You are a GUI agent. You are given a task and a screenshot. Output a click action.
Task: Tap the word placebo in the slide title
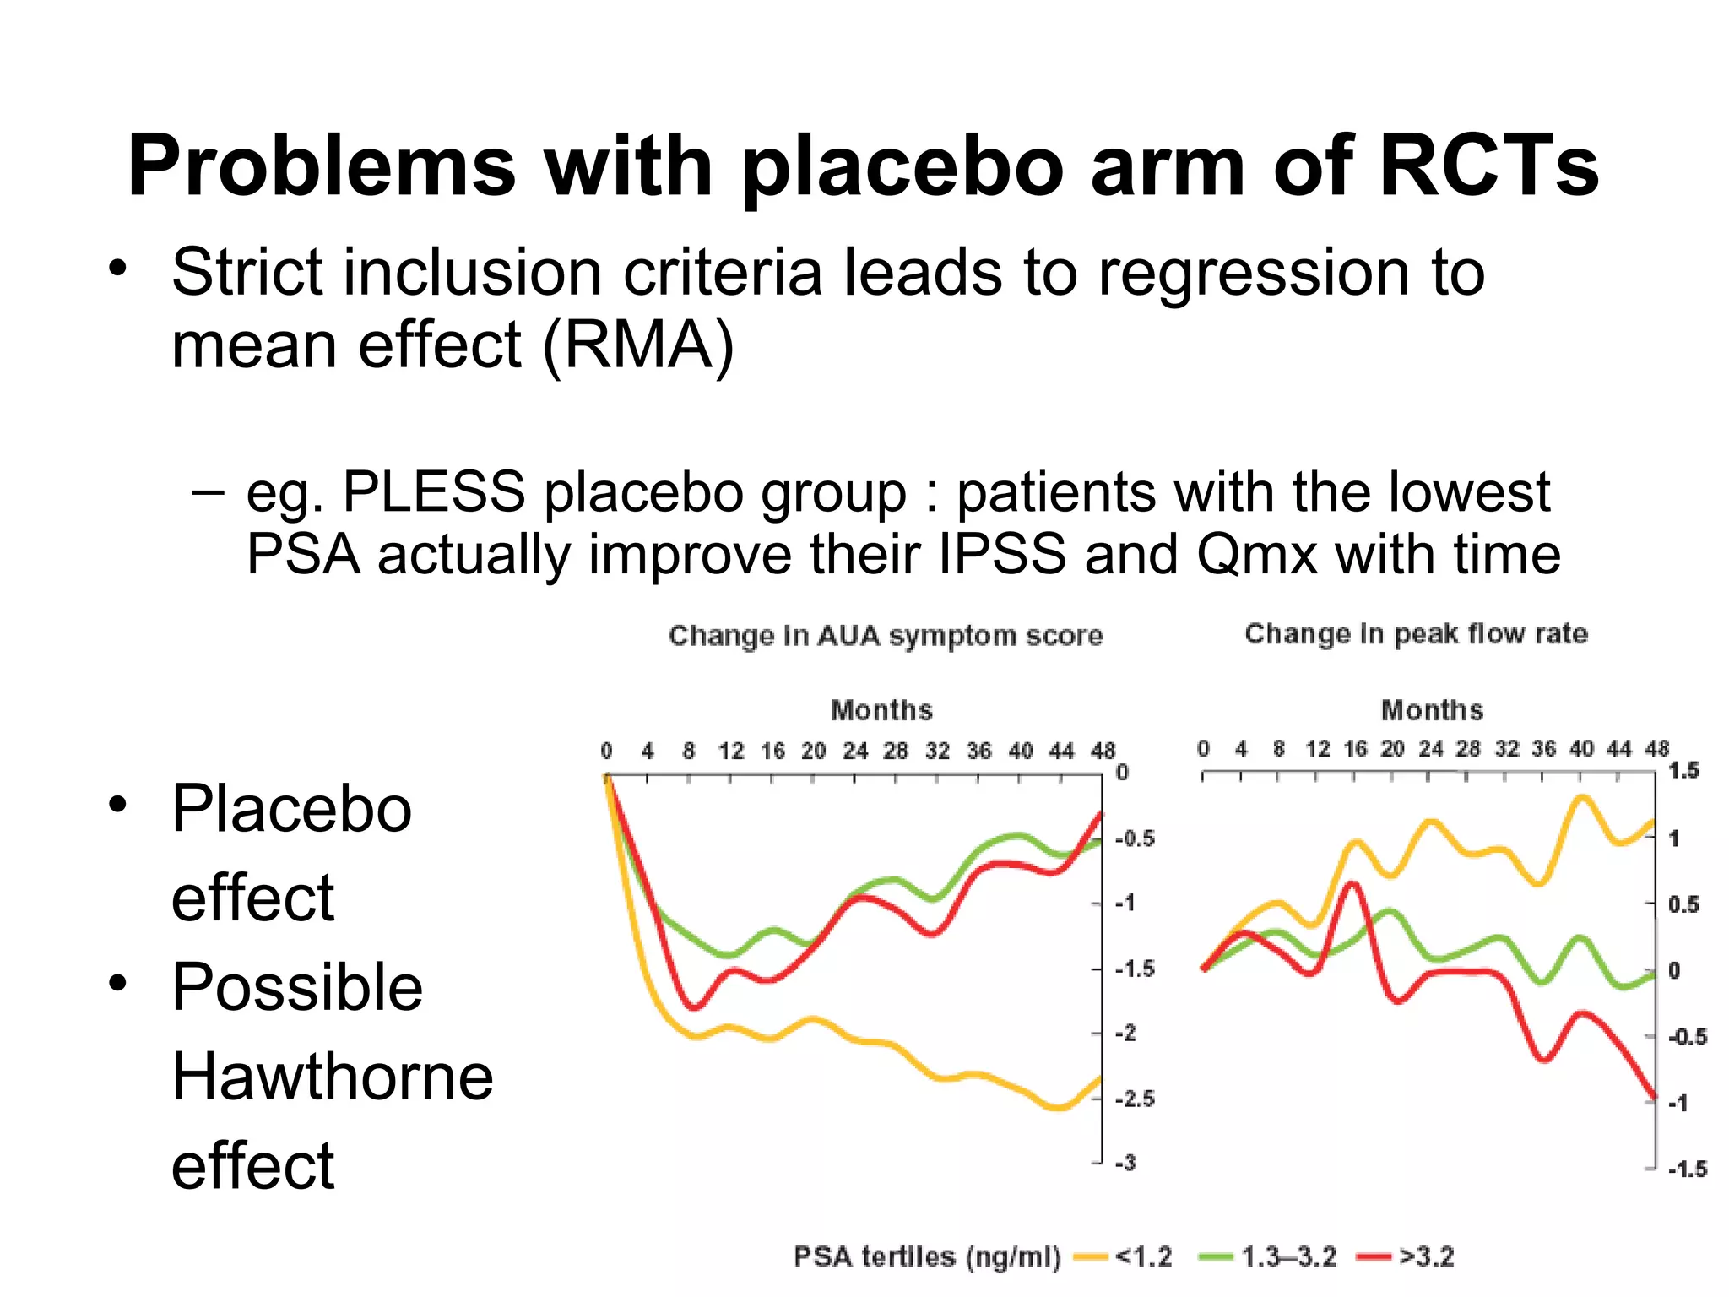coord(902,166)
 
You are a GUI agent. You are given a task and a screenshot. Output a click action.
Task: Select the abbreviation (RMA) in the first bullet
coord(637,345)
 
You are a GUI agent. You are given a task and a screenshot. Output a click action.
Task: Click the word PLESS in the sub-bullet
coord(433,491)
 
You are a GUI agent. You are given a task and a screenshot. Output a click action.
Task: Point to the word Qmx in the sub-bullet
coord(1256,555)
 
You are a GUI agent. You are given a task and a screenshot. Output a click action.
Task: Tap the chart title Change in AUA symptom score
coord(886,635)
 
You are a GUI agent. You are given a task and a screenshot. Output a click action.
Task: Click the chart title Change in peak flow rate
coord(1416,633)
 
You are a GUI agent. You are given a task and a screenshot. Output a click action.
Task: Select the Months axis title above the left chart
coord(881,710)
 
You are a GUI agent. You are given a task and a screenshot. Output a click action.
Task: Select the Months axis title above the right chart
coord(1432,710)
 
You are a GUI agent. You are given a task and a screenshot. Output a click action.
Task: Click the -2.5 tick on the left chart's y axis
coord(1135,1099)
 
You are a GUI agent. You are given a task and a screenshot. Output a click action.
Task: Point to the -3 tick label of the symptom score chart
coord(1126,1163)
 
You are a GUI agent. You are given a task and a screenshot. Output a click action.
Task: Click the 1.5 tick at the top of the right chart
coord(1683,770)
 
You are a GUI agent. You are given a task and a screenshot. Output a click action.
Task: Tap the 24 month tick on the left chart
coord(854,751)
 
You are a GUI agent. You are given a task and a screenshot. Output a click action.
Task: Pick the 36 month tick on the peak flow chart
coord(1543,748)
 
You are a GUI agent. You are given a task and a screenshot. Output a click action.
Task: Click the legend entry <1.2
coord(1143,1256)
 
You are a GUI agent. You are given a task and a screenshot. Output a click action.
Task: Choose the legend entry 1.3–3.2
coord(1288,1256)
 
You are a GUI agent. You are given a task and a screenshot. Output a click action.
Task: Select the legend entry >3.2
coord(1426,1256)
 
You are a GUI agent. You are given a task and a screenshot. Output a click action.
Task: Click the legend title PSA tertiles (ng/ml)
coord(926,1256)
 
